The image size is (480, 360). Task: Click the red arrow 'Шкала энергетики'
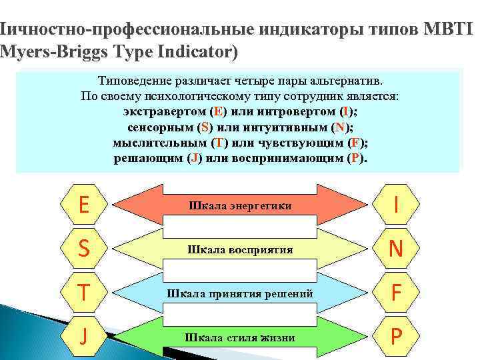coord(240,205)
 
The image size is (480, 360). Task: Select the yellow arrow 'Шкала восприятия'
coord(240,249)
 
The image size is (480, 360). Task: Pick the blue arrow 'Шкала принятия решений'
coord(240,293)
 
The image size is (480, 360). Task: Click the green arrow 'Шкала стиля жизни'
coord(240,337)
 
